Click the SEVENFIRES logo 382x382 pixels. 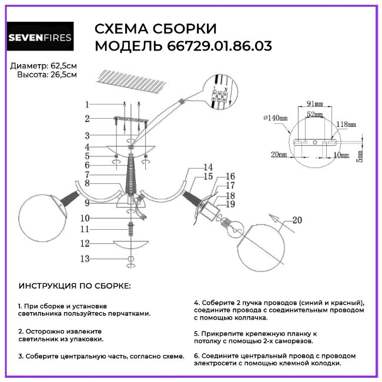pos(39,39)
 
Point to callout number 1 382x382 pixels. pos(86,105)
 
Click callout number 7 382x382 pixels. pos(86,175)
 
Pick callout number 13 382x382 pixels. pos(86,259)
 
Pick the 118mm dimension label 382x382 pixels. pos(346,125)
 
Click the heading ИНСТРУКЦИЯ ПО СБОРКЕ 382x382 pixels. pos(75,286)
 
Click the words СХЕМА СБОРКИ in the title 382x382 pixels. pos(156,29)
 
